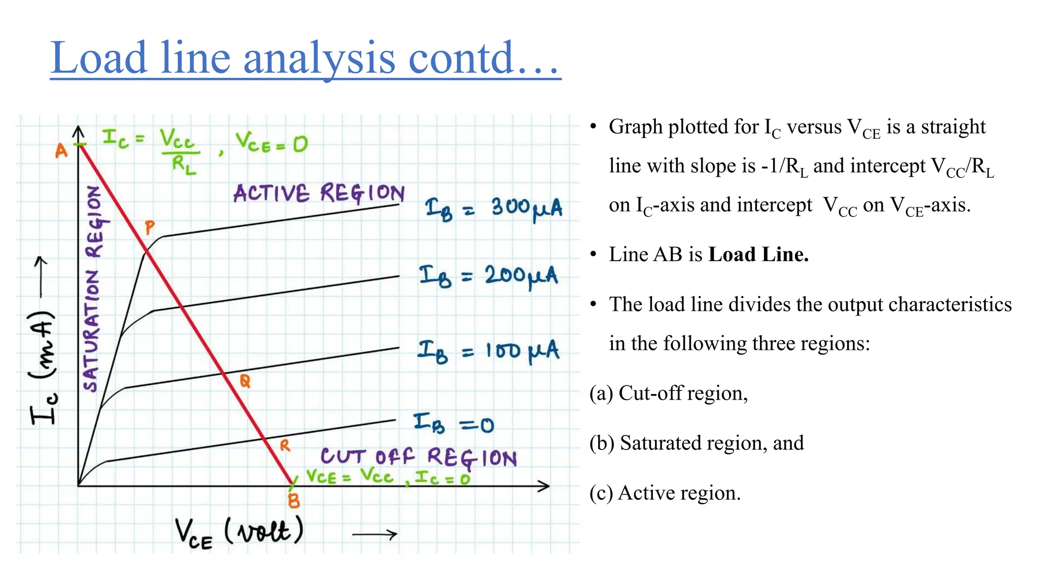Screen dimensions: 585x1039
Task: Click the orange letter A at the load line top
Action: pos(61,151)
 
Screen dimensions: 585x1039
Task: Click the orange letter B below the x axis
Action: pos(294,501)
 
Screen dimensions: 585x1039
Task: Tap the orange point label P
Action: pos(149,227)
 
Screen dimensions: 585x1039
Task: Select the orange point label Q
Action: pos(245,381)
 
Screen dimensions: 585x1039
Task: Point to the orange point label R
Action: pos(285,446)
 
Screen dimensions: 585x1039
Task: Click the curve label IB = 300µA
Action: pos(493,209)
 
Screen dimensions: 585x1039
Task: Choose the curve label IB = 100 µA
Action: pos(488,351)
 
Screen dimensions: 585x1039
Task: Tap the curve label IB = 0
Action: pos(453,424)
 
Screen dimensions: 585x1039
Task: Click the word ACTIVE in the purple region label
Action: pos(271,193)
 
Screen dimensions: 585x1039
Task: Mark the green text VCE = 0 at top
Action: pos(271,142)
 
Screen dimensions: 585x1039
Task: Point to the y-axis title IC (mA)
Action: pos(44,366)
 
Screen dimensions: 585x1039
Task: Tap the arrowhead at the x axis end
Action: pos(545,486)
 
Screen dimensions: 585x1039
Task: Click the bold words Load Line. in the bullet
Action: pos(758,254)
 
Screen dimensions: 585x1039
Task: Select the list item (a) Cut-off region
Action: pos(669,394)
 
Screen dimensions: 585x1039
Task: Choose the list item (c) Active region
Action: pos(665,493)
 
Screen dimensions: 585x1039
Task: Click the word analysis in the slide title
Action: pos(319,58)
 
